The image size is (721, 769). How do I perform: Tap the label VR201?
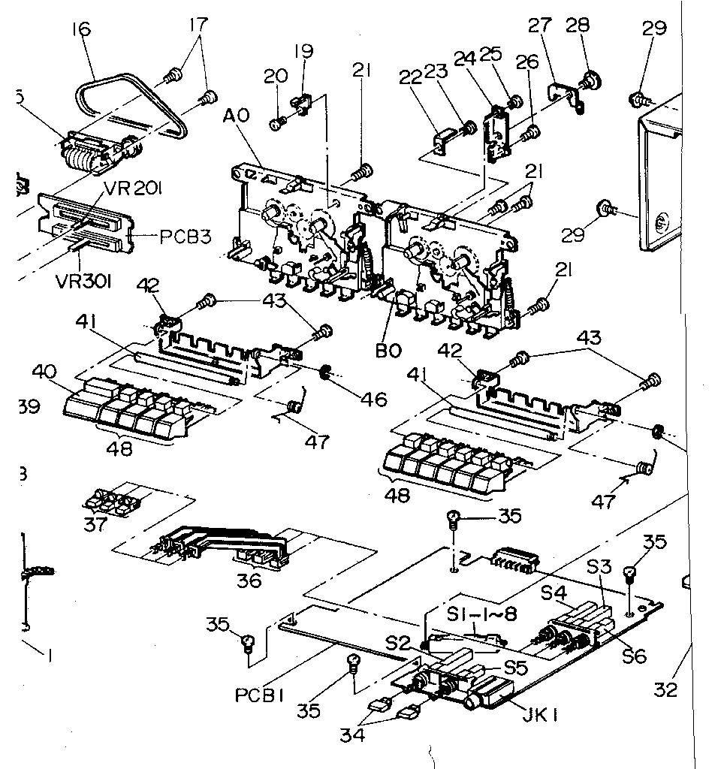[132, 190]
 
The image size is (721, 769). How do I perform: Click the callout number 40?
[44, 372]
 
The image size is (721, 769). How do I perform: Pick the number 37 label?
[95, 525]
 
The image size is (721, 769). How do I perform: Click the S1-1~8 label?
[481, 614]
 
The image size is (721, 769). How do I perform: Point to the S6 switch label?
[634, 656]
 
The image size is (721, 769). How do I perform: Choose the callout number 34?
[352, 735]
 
